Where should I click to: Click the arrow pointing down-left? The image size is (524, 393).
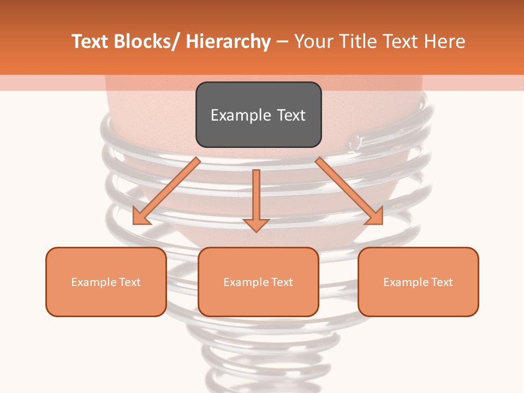pyautogui.click(x=166, y=192)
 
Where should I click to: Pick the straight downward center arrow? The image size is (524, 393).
pyautogui.click(x=256, y=196)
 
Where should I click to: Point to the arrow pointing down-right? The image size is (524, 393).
pyautogui.click(x=349, y=192)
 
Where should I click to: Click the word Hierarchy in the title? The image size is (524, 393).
pyautogui.click(x=228, y=41)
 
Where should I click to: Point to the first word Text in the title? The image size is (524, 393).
pyautogui.click(x=91, y=41)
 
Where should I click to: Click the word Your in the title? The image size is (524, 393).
pyautogui.click(x=315, y=41)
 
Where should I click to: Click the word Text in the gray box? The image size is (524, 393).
pyautogui.click(x=291, y=115)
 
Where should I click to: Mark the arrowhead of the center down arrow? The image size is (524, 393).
pyautogui.click(x=256, y=225)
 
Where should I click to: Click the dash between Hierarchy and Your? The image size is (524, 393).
pyautogui.click(x=282, y=41)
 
